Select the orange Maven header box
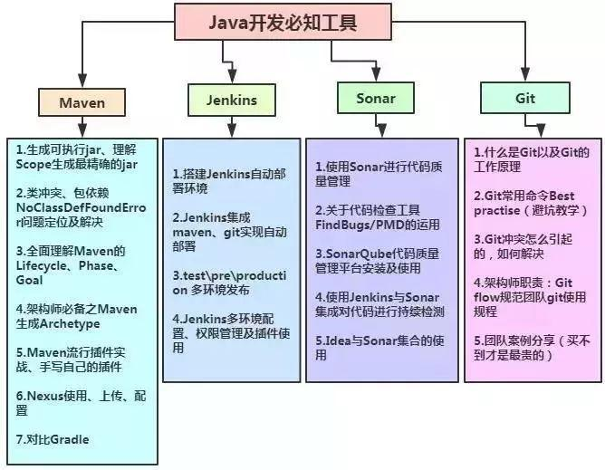[x=82, y=102]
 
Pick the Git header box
[x=523, y=97]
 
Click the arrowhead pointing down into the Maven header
[x=82, y=80]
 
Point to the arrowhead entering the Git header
[x=523, y=76]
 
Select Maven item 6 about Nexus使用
[x=76, y=403]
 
